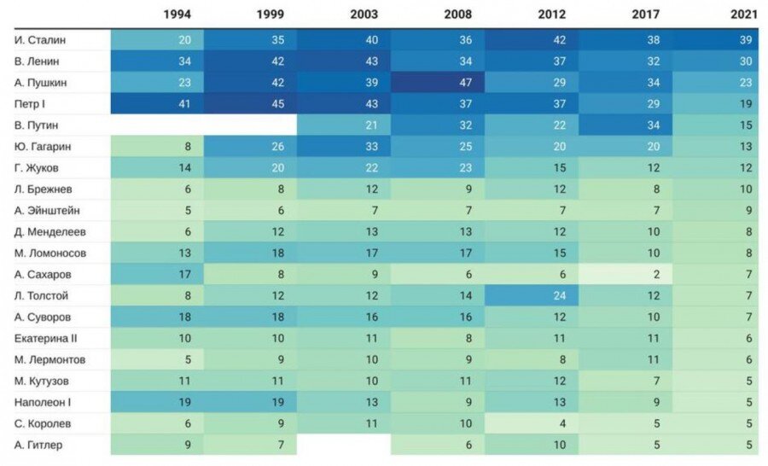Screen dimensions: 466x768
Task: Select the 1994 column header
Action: (x=178, y=15)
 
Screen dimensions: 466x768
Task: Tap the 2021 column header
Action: (x=741, y=15)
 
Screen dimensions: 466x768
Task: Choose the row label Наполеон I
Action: (x=44, y=401)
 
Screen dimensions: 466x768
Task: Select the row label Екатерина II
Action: (x=46, y=338)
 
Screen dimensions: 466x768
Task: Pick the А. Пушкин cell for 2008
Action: (x=438, y=83)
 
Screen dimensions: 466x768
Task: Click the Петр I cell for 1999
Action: (x=250, y=104)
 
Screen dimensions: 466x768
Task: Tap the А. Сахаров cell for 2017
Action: (x=625, y=274)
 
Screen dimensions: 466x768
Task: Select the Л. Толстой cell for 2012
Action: (x=532, y=295)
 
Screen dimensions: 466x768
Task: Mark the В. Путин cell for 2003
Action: (x=344, y=125)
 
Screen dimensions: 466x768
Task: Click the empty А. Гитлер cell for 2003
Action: (x=344, y=444)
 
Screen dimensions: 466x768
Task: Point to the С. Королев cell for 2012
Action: (x=532, y=422)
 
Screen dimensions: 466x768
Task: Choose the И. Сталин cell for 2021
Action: (x=719, y=40)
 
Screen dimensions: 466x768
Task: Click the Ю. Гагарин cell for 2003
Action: (x=344, y=147)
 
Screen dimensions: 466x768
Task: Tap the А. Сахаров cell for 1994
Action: (x=157, y=274)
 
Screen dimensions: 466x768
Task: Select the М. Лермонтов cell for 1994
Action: (x=157, y=359)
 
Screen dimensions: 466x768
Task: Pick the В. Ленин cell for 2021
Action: (x=719, y=61)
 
